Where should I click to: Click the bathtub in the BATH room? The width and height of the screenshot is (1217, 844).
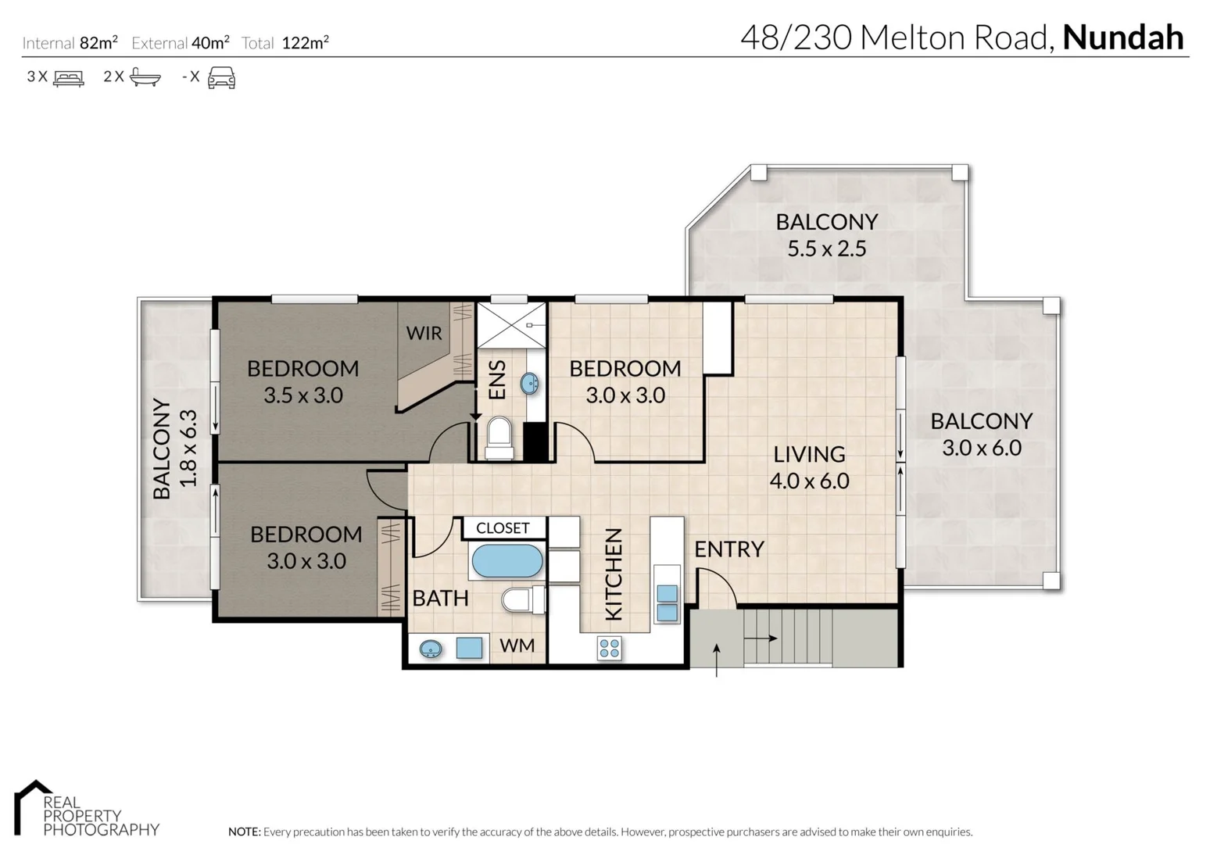point(507,560)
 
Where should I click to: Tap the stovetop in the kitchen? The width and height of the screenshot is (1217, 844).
point(609,647)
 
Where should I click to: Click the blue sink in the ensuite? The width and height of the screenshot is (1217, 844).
point(529,384)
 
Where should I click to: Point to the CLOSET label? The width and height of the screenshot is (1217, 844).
point(503,528)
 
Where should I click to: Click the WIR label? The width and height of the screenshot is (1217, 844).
point(424,333)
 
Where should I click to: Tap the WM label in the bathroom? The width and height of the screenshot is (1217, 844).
point(517,646)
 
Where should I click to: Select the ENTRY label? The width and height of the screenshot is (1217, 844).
point(729,549)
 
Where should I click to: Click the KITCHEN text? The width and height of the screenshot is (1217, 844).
point(614,574)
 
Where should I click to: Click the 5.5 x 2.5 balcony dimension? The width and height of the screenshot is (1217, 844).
point(826,249)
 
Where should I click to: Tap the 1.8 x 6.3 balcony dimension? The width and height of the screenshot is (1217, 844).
point(188,449)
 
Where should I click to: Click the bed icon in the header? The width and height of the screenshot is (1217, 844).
point(69,77)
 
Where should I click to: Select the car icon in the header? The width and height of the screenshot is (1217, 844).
point(222,77)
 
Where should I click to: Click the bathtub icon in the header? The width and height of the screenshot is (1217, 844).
point(145,77)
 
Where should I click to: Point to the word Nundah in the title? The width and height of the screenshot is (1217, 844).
point(1123,38)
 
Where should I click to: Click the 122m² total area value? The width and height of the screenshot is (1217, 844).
point(306,42)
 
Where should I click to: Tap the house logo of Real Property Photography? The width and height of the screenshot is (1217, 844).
point(33,806)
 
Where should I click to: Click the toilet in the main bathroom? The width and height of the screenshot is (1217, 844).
point(523,599)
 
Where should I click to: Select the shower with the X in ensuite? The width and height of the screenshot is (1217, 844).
point(510,325)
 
